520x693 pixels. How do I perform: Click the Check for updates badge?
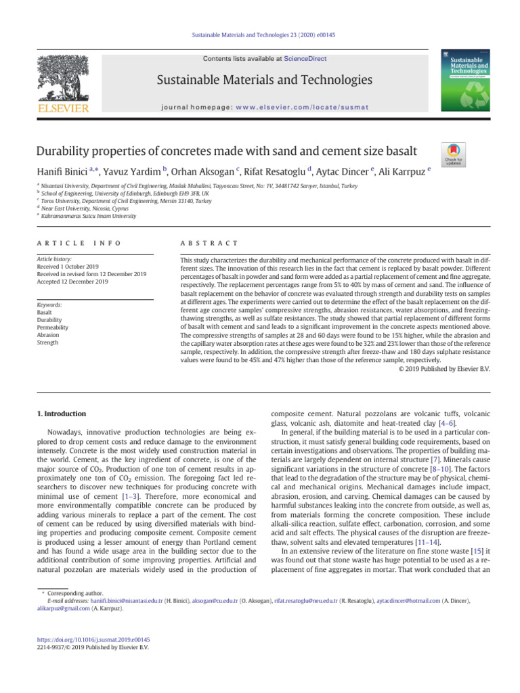(452, 155)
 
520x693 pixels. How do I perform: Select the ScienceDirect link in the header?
(305, 59)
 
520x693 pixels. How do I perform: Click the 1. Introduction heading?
(60, 413)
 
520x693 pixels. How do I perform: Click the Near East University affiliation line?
(75, 208)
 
